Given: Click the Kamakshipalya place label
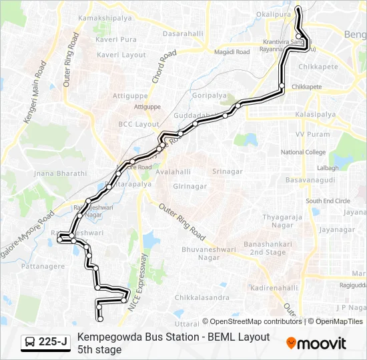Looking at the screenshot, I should click(105, 18).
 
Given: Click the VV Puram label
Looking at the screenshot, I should click(312, 134).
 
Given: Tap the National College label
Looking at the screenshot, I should click(304, 152).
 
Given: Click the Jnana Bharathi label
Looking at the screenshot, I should click(61, 173).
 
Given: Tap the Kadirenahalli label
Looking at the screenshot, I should click(274, 287).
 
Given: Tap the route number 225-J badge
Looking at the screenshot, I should click(45, 343).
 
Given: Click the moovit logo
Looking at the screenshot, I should click(316, 343).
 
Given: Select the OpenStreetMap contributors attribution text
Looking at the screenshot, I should click(252, 321).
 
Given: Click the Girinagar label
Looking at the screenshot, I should click(189, 187).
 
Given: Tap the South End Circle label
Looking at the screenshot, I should click(328, 201).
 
